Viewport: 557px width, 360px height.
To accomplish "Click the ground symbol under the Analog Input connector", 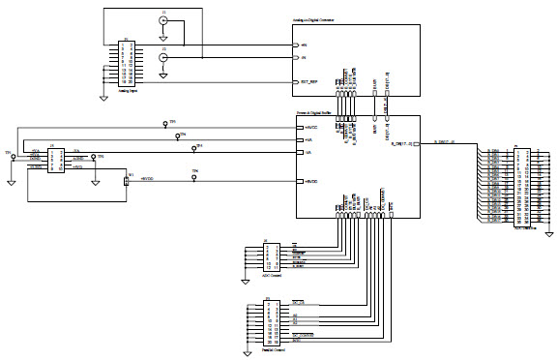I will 103,96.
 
